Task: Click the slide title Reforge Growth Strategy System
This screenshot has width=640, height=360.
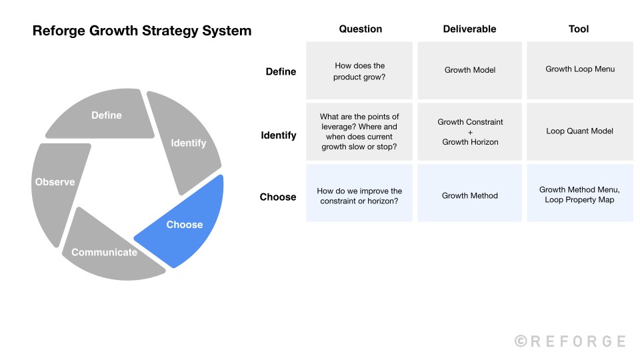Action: coord(142,31)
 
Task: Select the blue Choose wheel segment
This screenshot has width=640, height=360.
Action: coord(185,224)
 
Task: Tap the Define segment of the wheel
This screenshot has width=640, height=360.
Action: coord(107,115)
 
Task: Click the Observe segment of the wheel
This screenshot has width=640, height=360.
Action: coord(55,181)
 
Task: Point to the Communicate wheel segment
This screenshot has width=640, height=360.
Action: coord(105,252)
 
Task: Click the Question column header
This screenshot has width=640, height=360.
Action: coord(360,29)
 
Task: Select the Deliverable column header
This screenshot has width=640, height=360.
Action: coord(470,29)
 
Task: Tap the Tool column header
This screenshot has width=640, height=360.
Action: coord(579,29)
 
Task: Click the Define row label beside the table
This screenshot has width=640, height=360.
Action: coord(281,71)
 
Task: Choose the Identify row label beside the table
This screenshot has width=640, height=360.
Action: coord(279,135)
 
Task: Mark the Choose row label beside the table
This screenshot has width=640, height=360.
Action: coord(278,197)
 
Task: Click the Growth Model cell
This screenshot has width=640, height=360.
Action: coord(470,69)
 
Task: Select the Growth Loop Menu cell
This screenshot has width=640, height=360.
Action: coord(580,69)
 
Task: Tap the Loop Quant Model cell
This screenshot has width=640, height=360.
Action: coord(580,131)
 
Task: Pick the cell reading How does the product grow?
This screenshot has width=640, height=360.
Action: coord(360,71)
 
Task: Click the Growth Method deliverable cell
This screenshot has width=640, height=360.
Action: coord(470,195)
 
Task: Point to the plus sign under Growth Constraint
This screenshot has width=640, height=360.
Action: coord(470,132)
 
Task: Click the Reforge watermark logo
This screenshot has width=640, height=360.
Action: coord(570,341)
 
